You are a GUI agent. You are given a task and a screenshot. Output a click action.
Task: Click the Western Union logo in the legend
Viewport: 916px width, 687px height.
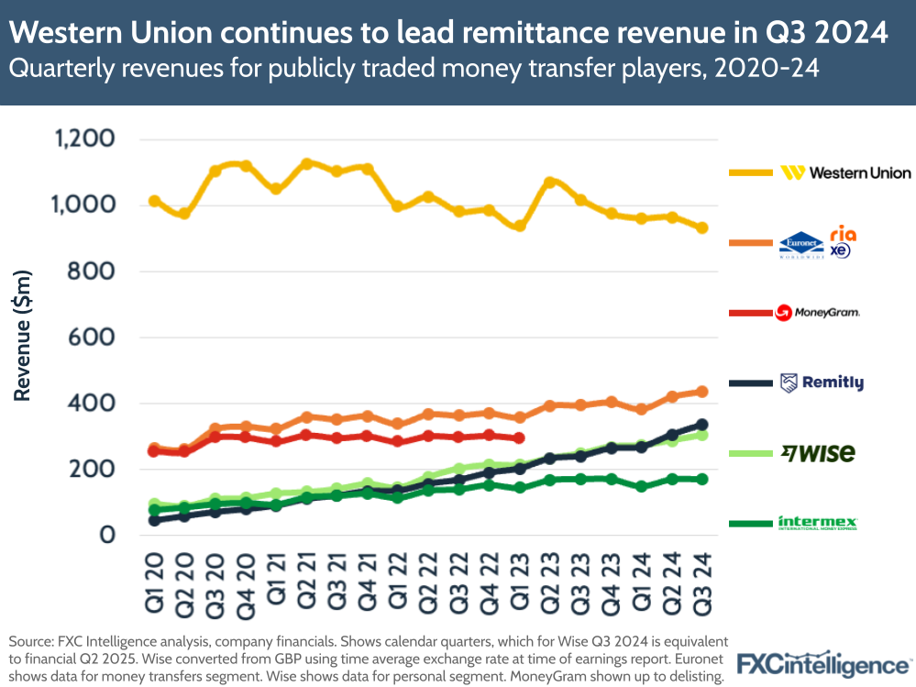[x=845, y=172]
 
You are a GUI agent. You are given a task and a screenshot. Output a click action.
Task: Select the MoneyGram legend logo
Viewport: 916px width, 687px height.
[x=818, y=313]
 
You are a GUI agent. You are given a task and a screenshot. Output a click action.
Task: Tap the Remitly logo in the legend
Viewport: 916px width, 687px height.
[x=822, y=382]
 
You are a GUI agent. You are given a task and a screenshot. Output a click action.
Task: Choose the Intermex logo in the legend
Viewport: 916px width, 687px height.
[x=817, y=523]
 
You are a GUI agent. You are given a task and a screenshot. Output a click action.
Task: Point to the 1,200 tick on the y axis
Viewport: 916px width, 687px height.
[x=84, y=139]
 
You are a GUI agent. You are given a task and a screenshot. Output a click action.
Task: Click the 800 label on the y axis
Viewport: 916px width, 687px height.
[x=93, y=271]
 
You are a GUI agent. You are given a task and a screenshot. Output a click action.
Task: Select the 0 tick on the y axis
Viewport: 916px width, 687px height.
[x=106, y=535]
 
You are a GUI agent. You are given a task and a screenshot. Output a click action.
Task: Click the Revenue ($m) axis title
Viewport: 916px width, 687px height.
[x=23, y=336]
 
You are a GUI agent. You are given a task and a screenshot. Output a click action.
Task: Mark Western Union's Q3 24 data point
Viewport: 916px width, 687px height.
[x=701, y=227]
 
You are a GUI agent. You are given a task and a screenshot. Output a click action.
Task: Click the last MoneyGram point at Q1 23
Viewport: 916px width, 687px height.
[x=519, y=438]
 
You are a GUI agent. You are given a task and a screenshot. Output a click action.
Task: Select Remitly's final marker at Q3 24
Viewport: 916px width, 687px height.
[x=701, y=425]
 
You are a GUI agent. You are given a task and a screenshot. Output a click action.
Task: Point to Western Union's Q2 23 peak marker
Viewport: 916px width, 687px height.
[x=549, y=183]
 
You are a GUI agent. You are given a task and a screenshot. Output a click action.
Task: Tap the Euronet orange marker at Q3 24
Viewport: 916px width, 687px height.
[x=701, y=392]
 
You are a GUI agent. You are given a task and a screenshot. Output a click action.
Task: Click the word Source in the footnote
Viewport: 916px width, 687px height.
[x=31, y=640]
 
